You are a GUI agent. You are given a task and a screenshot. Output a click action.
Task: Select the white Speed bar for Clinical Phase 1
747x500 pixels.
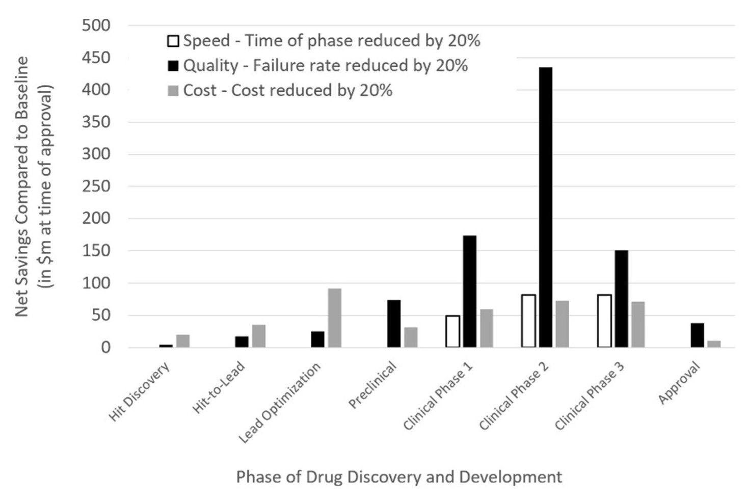pos(452,331)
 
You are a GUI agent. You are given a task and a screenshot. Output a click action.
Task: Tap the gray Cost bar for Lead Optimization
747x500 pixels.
pos(334,318)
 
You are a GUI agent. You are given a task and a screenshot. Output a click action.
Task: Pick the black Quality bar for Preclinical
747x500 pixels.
pos(394,324)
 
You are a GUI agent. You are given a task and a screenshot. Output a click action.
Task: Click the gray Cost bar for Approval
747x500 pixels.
pos(714,344)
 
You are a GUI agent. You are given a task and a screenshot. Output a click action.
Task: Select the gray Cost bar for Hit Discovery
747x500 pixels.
pos(183,341)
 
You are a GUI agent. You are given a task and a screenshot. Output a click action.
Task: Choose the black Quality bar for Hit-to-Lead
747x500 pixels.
pos(242,341)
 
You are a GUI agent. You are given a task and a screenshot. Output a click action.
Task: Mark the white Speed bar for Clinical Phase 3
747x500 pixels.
pos(604,321)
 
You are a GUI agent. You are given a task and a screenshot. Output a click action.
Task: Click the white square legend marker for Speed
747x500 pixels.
pos(173,41)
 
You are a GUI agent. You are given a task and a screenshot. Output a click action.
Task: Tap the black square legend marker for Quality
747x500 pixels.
pos(173,66)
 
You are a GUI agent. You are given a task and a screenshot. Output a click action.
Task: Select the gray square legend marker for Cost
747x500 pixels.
pos(173,91)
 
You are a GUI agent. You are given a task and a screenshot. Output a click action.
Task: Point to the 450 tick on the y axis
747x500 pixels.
pos(96,58)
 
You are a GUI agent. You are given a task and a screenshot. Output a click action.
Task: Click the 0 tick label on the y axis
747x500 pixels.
pos(105,348)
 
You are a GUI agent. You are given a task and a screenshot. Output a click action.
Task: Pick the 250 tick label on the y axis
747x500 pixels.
pos(96,187)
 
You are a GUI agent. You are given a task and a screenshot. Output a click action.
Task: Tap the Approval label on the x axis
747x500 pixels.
pos(680,383)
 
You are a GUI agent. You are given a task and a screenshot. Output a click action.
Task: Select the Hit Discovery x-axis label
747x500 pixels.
pos(139,393)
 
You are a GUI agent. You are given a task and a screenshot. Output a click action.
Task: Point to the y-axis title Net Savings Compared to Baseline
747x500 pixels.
pos(21,187)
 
